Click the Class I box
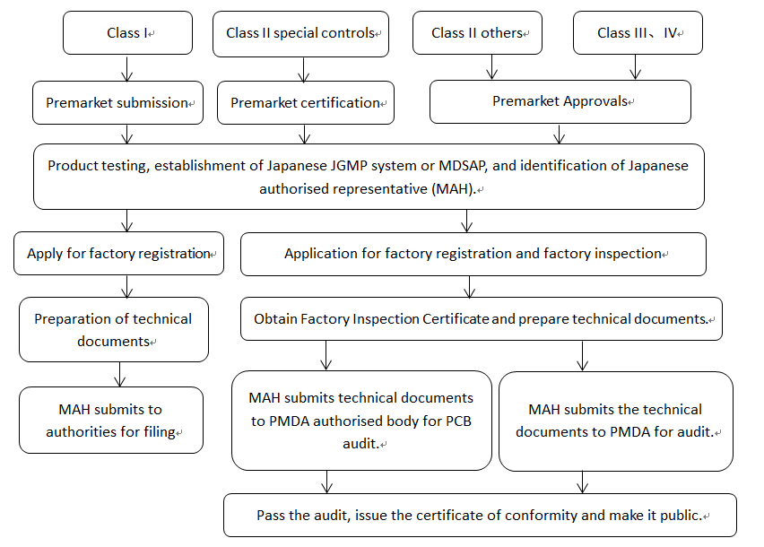pyautogui.click(x=127, y=33)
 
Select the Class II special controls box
pyautogui.click(x=300, y=33)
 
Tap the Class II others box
pyautogui.click(x=477, y=33)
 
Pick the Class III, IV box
pyautogui.click(x=637, y=33)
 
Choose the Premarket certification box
pyautogui.click(x=306, y=103)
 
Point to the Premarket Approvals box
pyautogui.click(x=560, y=101)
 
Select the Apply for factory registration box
pyautogui.click(x=118, y=254)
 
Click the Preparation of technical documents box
pyautogui.click(x=113, y=329)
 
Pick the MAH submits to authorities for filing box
pyautogui.click(x=111, y=420)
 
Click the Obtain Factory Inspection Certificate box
pyautogui.click(x=481, y=319)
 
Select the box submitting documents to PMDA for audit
pyautogui.click(x=615, y=421)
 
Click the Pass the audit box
pyautogui.click(x=480, y=516)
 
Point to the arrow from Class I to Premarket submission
pyautogui.click(x=127, y=68)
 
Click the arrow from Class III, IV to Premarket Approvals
pyautogui.click(x=636, y=67)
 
